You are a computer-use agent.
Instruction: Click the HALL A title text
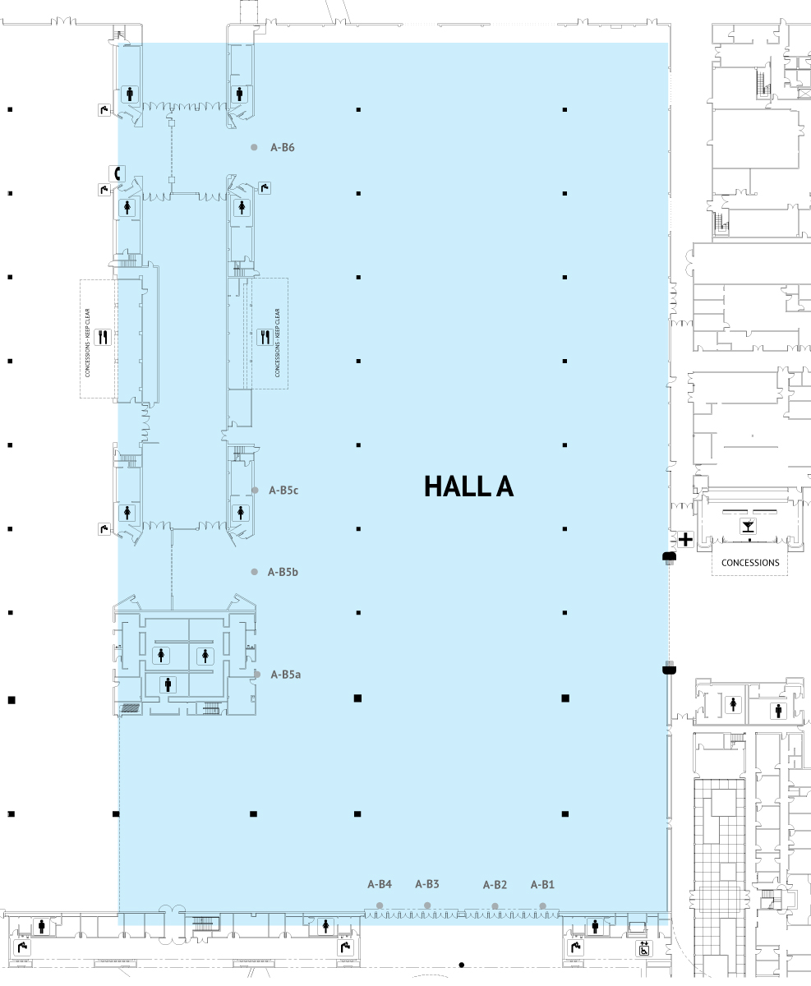[468, 486]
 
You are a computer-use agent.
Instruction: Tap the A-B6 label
[283, 147]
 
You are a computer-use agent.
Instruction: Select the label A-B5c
[283, 490]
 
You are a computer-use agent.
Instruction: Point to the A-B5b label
[283, 572]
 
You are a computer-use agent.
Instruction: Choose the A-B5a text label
[286, 674]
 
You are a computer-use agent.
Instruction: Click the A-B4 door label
[380, 884]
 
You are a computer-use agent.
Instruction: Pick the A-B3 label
[427, 884]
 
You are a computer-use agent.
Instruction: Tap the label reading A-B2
[495, 885]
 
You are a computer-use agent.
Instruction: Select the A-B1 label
[542, 885]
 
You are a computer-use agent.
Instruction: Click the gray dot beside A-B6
[254, 147]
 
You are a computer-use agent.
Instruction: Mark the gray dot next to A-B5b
[254, 572]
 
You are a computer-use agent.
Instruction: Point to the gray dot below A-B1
[542, 906]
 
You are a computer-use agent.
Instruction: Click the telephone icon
[117, 173]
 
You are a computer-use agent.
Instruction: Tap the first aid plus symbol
[686, 540]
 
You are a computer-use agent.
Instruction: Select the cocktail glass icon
[749, 526]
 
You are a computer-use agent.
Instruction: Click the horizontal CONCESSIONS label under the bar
[750, 563]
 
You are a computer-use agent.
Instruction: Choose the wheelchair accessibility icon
[644, 948]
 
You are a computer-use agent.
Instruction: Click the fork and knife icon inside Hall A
[265, 337]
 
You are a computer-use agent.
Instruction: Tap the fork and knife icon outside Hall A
[103, 337]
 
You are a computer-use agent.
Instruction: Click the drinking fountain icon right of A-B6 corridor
[265, 188]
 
